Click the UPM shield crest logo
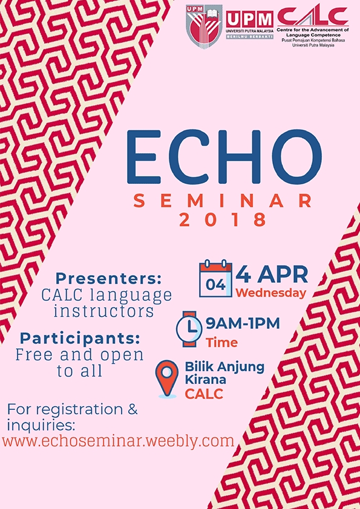pos(204,26)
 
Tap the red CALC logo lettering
pos(313,16)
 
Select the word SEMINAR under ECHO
pos(223,201)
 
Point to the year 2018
pos(223,220)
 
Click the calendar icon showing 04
pos(216,278)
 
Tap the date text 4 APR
pos(272,274)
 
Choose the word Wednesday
pos(271,293)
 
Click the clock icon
pos(189,329)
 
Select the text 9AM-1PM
pos(243,323)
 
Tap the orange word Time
pos(221,343)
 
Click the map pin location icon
pos(166,379)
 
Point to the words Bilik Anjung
pos(224,368)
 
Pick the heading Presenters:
pos(108,278)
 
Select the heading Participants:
pos(80,339)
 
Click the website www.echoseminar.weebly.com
pos(118,441)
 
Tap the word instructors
pos(103,311)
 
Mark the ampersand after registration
pos(133,410)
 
